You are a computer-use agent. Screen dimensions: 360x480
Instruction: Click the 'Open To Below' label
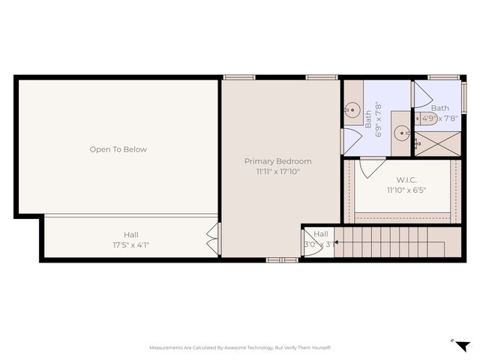(x=118, y=149)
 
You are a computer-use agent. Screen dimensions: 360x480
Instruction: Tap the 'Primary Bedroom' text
(x=277, y=161)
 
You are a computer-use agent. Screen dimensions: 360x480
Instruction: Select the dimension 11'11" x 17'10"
(x=277, y=172)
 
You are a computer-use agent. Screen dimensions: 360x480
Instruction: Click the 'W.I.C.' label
(x=406, y=180)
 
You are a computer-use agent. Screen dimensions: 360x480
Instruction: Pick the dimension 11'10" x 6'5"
(x=406, y=190)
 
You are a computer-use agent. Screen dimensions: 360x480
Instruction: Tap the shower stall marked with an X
(x=437, y=142)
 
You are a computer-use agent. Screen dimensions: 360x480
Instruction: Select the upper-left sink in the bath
(x=353, y=109)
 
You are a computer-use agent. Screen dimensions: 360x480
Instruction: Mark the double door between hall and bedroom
(x=214, y=238)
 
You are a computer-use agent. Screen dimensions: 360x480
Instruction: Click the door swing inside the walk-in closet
(x=372, y=167)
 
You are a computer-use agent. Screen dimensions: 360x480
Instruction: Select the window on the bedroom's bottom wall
(x=283, y=259)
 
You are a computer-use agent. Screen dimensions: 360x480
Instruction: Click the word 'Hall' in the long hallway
(x=130, y=234)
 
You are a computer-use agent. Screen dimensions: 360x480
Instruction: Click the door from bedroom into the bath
(x=349, y=141)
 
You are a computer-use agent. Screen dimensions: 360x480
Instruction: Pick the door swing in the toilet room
(x=421, y=94)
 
